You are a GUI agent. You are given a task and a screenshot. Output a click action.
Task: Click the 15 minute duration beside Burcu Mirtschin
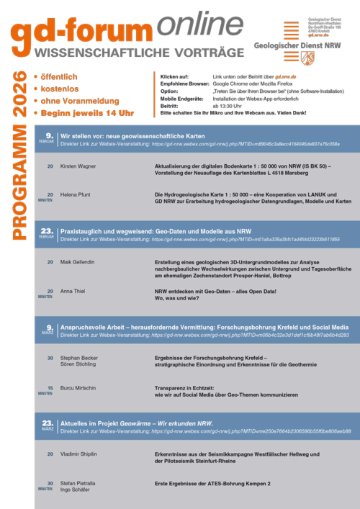point(50,388)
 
